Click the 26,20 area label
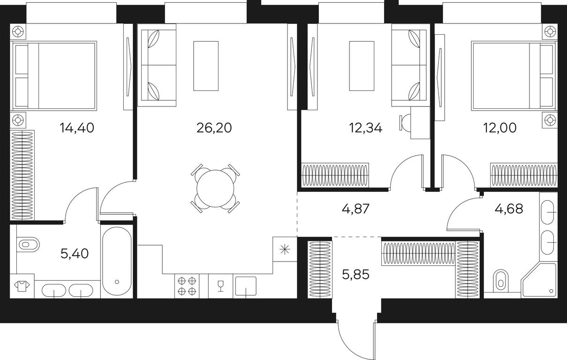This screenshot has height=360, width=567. coord(214,128)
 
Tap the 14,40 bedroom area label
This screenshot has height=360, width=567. coord(77,128)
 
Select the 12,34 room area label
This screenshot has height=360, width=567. coord(365,128)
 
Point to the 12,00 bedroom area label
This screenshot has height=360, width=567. coord(500,128)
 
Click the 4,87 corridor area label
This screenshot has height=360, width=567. coord(355,209)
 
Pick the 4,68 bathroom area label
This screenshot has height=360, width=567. coord(509,209)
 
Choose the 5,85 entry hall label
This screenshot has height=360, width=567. coord(355,275)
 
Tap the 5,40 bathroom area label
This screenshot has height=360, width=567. coord(75,254)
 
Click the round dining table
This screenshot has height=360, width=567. coord(215,188)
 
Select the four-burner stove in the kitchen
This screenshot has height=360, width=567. coord(187,286)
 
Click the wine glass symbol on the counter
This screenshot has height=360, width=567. coord(221,286)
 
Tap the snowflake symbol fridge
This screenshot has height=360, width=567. coord(285,249)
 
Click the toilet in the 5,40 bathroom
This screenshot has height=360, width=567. coord(28,245)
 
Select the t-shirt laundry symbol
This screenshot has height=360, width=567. coord(22,286)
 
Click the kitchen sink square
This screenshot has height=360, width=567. coord(246,286)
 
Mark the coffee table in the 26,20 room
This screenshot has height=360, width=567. coord(206,66)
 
